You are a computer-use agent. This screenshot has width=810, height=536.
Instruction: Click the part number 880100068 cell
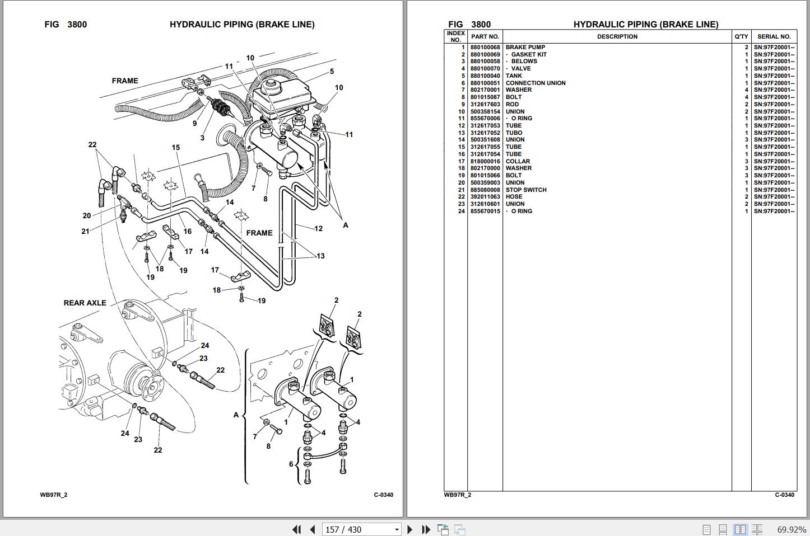(x=485, y=48)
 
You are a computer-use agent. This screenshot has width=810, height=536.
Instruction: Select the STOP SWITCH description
(x=526, y=190)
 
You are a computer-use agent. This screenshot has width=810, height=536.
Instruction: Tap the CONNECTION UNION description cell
(x=536, y=83)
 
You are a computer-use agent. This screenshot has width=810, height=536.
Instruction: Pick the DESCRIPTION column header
(x=617, y=37)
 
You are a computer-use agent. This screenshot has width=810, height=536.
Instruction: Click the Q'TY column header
(x=741, y=37)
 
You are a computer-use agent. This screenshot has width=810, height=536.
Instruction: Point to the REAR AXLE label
(x=85, y=303)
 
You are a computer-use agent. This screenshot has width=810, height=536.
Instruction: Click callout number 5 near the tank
(x=332, y=72)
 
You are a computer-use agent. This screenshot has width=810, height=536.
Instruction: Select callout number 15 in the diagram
(x=176, y=148)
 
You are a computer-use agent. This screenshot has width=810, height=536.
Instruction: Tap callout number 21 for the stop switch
(x=85, y=231)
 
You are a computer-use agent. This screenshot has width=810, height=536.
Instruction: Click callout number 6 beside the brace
(x=291, y=464)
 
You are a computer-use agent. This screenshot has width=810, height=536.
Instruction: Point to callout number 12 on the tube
(x=318, y=228)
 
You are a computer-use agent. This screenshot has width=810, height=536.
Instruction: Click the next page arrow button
(x=409, y=529)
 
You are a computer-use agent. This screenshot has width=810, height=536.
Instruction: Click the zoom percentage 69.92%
(x=792, y=529)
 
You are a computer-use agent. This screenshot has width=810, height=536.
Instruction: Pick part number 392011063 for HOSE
(x=485, y=197)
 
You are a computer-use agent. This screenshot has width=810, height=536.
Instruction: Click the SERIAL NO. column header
(x=774, y=37)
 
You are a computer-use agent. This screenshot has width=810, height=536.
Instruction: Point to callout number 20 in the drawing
(x=86, y=215)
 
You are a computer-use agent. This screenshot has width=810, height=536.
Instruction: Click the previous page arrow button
(x=313, y=529)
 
